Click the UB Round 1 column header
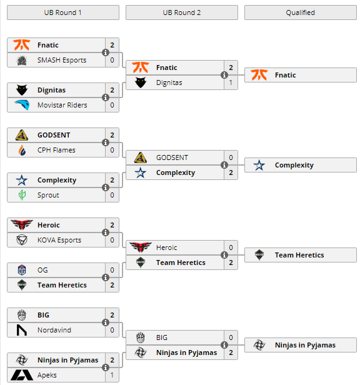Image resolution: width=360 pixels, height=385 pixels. tap(63, 12)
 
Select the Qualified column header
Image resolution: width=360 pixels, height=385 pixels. tap(301, 12)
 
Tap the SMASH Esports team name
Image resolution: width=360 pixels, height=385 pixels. tap(62, 60)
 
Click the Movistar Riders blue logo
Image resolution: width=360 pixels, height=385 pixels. tap(22, 105)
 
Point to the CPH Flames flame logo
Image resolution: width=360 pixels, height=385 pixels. tap(22, 150)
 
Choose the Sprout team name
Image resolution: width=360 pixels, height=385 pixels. tap(48, 195)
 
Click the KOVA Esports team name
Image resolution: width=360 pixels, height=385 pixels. tap(59, 240)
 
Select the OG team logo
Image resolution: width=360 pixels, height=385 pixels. tap(22, 270)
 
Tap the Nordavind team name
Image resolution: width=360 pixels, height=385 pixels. tap(54, 330)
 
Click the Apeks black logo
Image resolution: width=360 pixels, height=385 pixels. tap(22, 375)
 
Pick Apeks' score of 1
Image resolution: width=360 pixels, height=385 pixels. tap(112, 375)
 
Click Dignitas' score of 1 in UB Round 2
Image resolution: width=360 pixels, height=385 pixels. tap(231, 82)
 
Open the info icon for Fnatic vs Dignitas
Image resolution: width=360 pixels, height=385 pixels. tap(224, 75)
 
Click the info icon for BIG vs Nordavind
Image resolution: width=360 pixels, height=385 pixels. tap(106, 322)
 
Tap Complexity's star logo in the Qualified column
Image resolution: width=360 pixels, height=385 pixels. tap(259, 165)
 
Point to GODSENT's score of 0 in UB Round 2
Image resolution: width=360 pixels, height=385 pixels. tap(231, 157)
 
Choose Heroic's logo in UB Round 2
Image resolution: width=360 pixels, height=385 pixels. tap(141, 247)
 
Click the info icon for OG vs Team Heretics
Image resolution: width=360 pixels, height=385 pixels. tap(106, 277)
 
